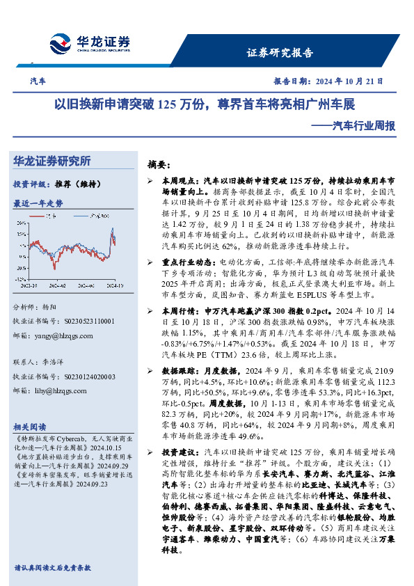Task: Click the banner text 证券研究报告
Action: [280, 53]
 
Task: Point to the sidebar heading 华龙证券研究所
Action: [52, 161]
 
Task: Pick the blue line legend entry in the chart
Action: [95, 217]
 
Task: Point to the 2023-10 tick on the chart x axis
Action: [30, 285]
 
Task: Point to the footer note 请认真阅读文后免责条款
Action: [52, 568]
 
